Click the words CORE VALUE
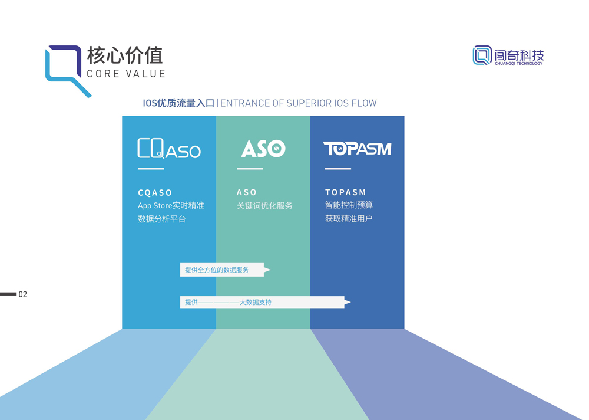pyautogui.click(x=125, y=74)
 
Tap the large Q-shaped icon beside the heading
pyautogui.click(x=66, y=69)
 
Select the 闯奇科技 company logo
pyautogui.click(x=508, y=55)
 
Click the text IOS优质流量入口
pyautogui.click(x=178, y=103)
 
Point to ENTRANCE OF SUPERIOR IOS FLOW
pyautogui.click(x=298, y=103)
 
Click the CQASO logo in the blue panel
pyautogui.click(x=169, y=149)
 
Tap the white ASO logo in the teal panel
pyautogui.click(x=263, y=148)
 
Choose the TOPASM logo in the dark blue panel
pyautogui.click(x=357, y=149)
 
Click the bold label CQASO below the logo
pyautogui.click(x=155, y=192)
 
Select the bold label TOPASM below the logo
pyautogui.click(x=346, y=192)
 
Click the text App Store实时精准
pyautogui.click(x=171, y=206)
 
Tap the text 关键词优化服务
pyautogui.click(x=264, y=206)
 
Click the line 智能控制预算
pyautogui.click(x=349, y=205)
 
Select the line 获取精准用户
pyautogui.click(x=349, y=218)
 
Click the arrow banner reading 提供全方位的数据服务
pyautogui.click(x=222, y=270)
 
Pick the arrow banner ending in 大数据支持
pyautogui.click(x=262, y=302)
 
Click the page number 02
pyautogui.click(x=23, y=294)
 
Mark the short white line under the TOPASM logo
pyautogui.click(x=337, y=169)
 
